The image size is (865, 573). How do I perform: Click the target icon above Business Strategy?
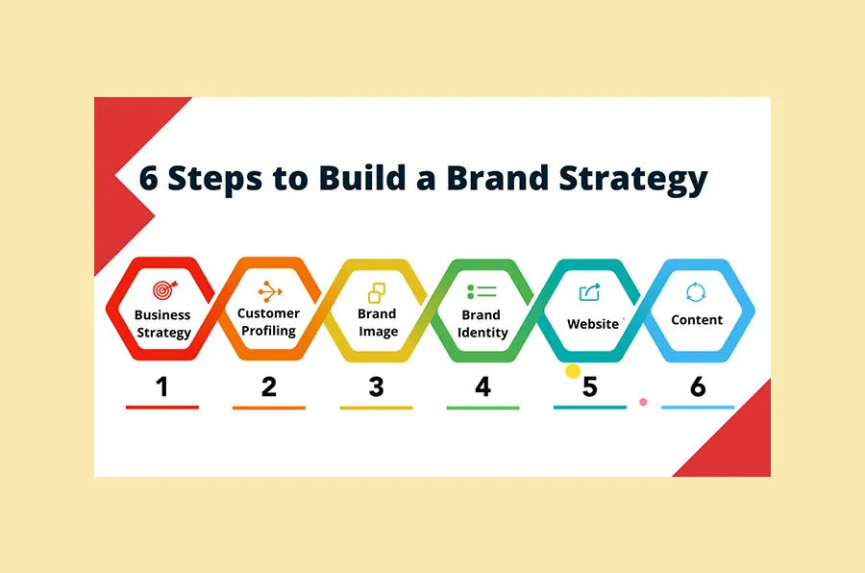point(162,289)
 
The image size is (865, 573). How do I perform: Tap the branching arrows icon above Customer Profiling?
point(269,289)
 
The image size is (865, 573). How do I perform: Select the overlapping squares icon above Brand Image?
point(377,290)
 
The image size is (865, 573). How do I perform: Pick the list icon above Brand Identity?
point(482,290)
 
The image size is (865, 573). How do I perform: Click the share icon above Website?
point(589,291)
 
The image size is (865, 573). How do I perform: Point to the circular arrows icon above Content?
point(696,291)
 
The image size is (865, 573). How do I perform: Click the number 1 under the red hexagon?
point(161,386)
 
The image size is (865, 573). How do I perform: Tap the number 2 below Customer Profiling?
point(269,386)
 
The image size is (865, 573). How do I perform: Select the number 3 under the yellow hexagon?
point(376,386)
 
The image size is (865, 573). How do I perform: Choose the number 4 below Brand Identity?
point(482,386)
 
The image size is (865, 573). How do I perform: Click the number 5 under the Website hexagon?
point(590,386)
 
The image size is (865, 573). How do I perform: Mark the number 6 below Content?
point(698,386)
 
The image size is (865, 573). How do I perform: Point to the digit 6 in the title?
point(148,179)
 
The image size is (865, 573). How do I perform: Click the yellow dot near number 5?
point(573,370)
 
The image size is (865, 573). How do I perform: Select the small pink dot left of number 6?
point(643,401)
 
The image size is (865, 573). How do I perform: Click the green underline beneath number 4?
point(482,408)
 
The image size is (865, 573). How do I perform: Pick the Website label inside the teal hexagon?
point(593,324)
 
